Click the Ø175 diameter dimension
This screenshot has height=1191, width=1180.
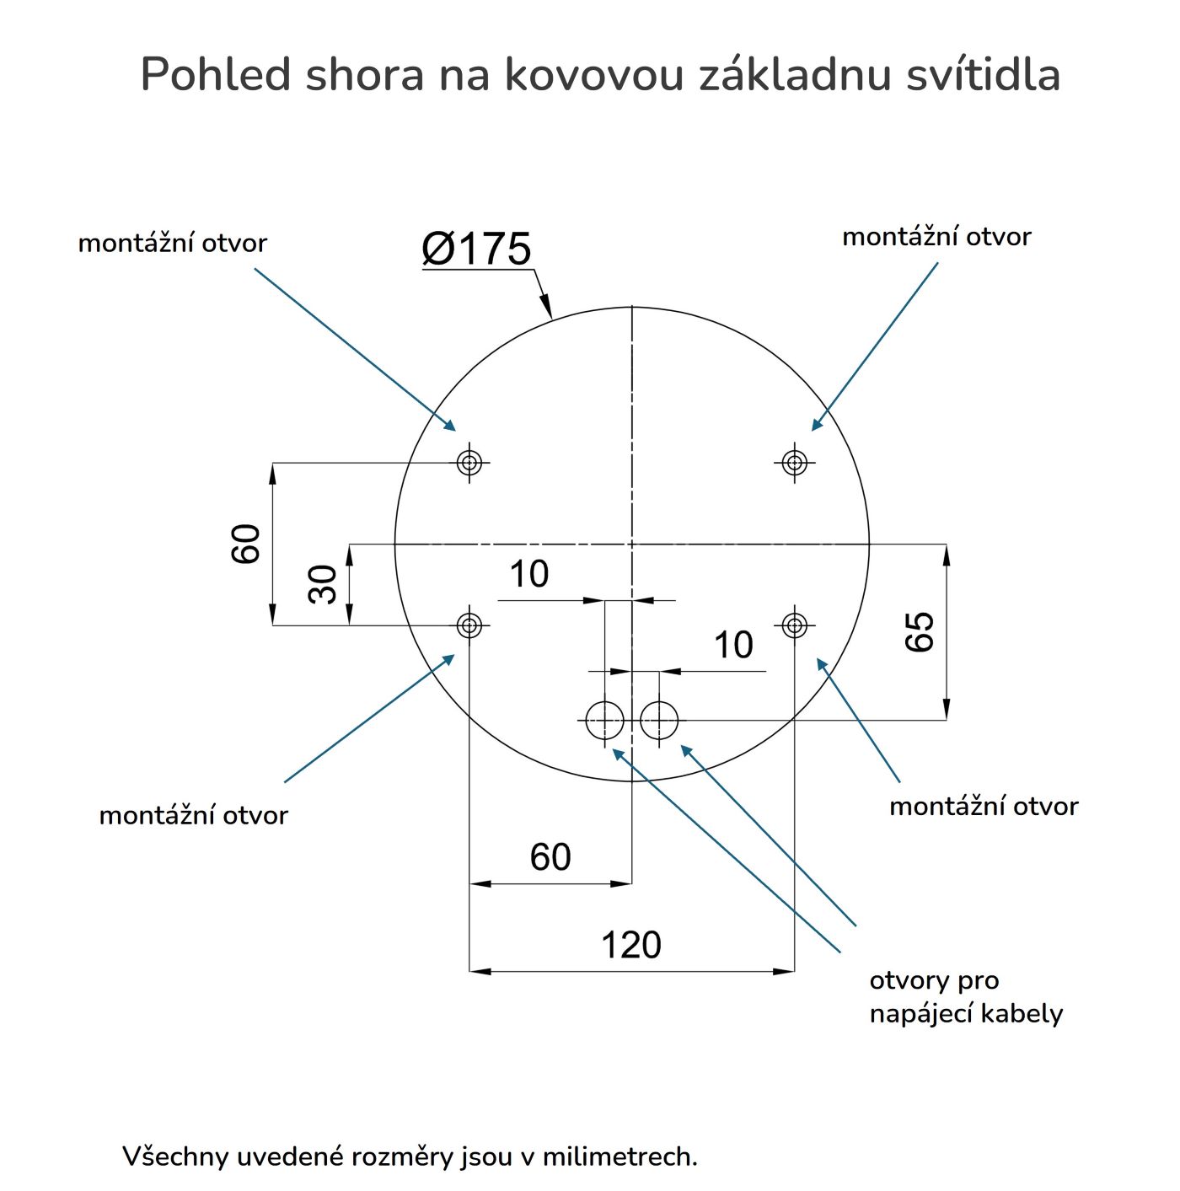coord(476,249)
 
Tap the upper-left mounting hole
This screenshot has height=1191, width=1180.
coord(469,462)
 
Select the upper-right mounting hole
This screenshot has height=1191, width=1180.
coord(794,462)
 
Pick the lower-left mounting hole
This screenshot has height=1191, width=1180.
coord(469,625)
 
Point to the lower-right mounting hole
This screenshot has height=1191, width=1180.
coord(794,625)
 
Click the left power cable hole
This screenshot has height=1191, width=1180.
coord(605,721)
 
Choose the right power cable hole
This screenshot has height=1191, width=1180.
coord(659,721)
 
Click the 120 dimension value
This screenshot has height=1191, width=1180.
coord(630,945)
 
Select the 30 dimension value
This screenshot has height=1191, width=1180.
coord(323,584)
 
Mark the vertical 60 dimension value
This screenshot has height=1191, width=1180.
coord(246,544)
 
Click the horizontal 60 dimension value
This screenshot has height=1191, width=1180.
coord(550,857)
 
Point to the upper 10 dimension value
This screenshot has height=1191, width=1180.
coord(529,575)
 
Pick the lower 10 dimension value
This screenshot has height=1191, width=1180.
coord(733,646)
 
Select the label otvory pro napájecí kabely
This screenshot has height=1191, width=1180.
coord(966,997)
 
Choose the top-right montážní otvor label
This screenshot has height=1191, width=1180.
coord(936,237)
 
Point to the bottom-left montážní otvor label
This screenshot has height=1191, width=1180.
coord(193,815)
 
